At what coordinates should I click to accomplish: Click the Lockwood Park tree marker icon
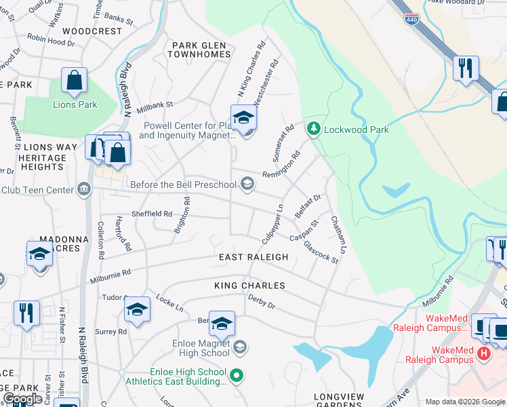pyautogui.click(x=313, y=128)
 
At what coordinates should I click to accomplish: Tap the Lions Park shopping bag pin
pyautogui.click(x=74, y=81)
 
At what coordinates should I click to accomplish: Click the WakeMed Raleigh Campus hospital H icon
pyautogui.click(x=483, y=353)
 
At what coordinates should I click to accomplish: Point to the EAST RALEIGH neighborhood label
pyautogui.click(x=254, y=257)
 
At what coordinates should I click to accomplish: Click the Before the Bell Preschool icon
pyautogui.click(x=248, y=183)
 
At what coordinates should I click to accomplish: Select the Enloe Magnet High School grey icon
pyautogui.click(x=239, y=348)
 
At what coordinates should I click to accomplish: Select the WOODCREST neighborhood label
pyautogui.click(x=92, y=31)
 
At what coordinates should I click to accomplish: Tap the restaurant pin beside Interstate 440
pyautogui.click(x=466, y=68)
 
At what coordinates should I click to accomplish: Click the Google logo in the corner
pyautogui.click(x=22, y=399)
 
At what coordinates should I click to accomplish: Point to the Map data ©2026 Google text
pyautogui.click(x=464, y=402)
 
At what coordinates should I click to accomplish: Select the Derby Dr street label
pyautogui.click(x=261, y=301)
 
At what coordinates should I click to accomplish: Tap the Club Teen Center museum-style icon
pyautogui.click(x=84, y=189)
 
